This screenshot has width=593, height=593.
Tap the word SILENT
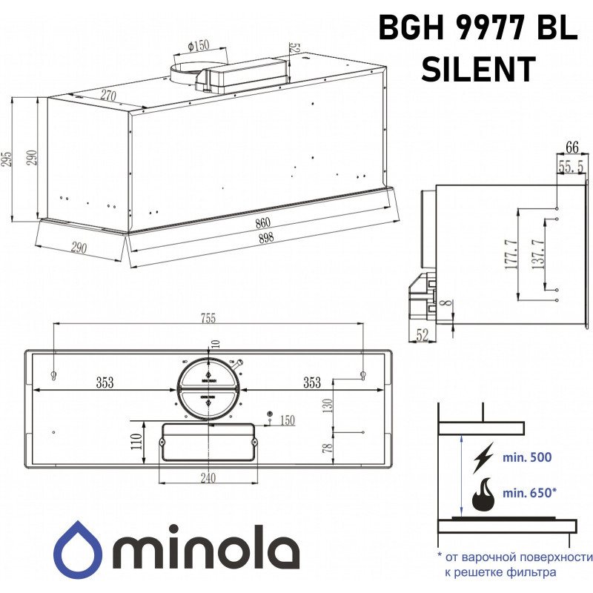(477, 69)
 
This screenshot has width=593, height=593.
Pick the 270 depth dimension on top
(109, 94)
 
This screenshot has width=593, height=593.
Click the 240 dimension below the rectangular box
(208, 478)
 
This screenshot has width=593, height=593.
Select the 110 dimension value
(136, 443)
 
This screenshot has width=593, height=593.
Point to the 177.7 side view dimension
(510, 255)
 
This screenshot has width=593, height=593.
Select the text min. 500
(527, 457)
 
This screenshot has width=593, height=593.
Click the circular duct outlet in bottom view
(208, 388)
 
